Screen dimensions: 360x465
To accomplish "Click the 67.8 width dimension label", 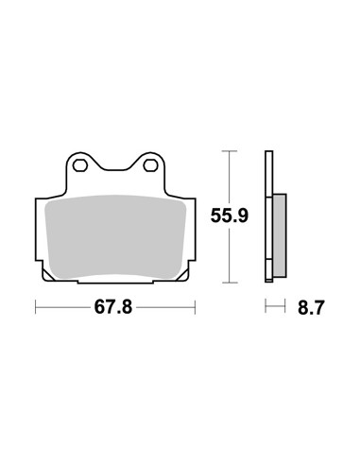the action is (x=113, y=307).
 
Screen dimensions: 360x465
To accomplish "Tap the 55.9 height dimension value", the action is (x=230, y=215).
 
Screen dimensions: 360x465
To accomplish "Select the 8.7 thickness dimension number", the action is (x=311, y=308).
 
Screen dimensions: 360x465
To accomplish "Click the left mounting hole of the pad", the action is (x=80, y=165).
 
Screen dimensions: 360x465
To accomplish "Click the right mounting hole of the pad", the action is (x=150, y=165).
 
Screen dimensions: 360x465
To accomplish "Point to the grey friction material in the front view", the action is (x=115, y=236).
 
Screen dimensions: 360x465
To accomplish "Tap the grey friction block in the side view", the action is (x=280, y=235).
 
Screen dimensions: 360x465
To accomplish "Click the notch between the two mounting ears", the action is (x=115, y=170).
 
